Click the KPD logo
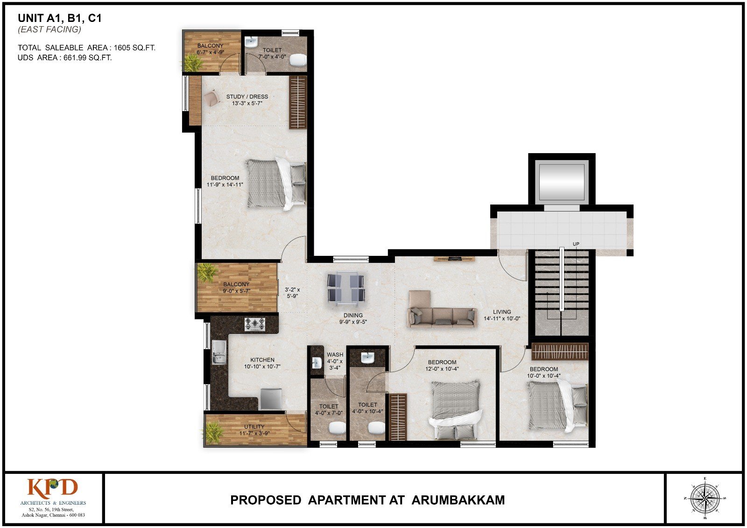[x=52, y=487]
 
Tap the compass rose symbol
[x=705, y=499]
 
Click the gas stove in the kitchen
[x=255, y=324]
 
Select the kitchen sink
[x=219, y=352]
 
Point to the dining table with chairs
[x=346, y=289]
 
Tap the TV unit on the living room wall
[x=454, y=259]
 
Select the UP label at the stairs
[x=576, y=244]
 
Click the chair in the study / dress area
[x=211, y=99]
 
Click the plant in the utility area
[x=212, y=433]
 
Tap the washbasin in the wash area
[x=317, y=363]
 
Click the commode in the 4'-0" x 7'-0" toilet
[x=337, y=427]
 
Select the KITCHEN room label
[x=262, y=359]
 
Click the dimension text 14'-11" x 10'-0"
[x=502, y=318]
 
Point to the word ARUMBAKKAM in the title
[x=458, y=500]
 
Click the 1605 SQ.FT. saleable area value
[x=135, y=48]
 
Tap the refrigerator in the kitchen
[x=271, y=399]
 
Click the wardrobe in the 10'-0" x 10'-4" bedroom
[x=560, y=351]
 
